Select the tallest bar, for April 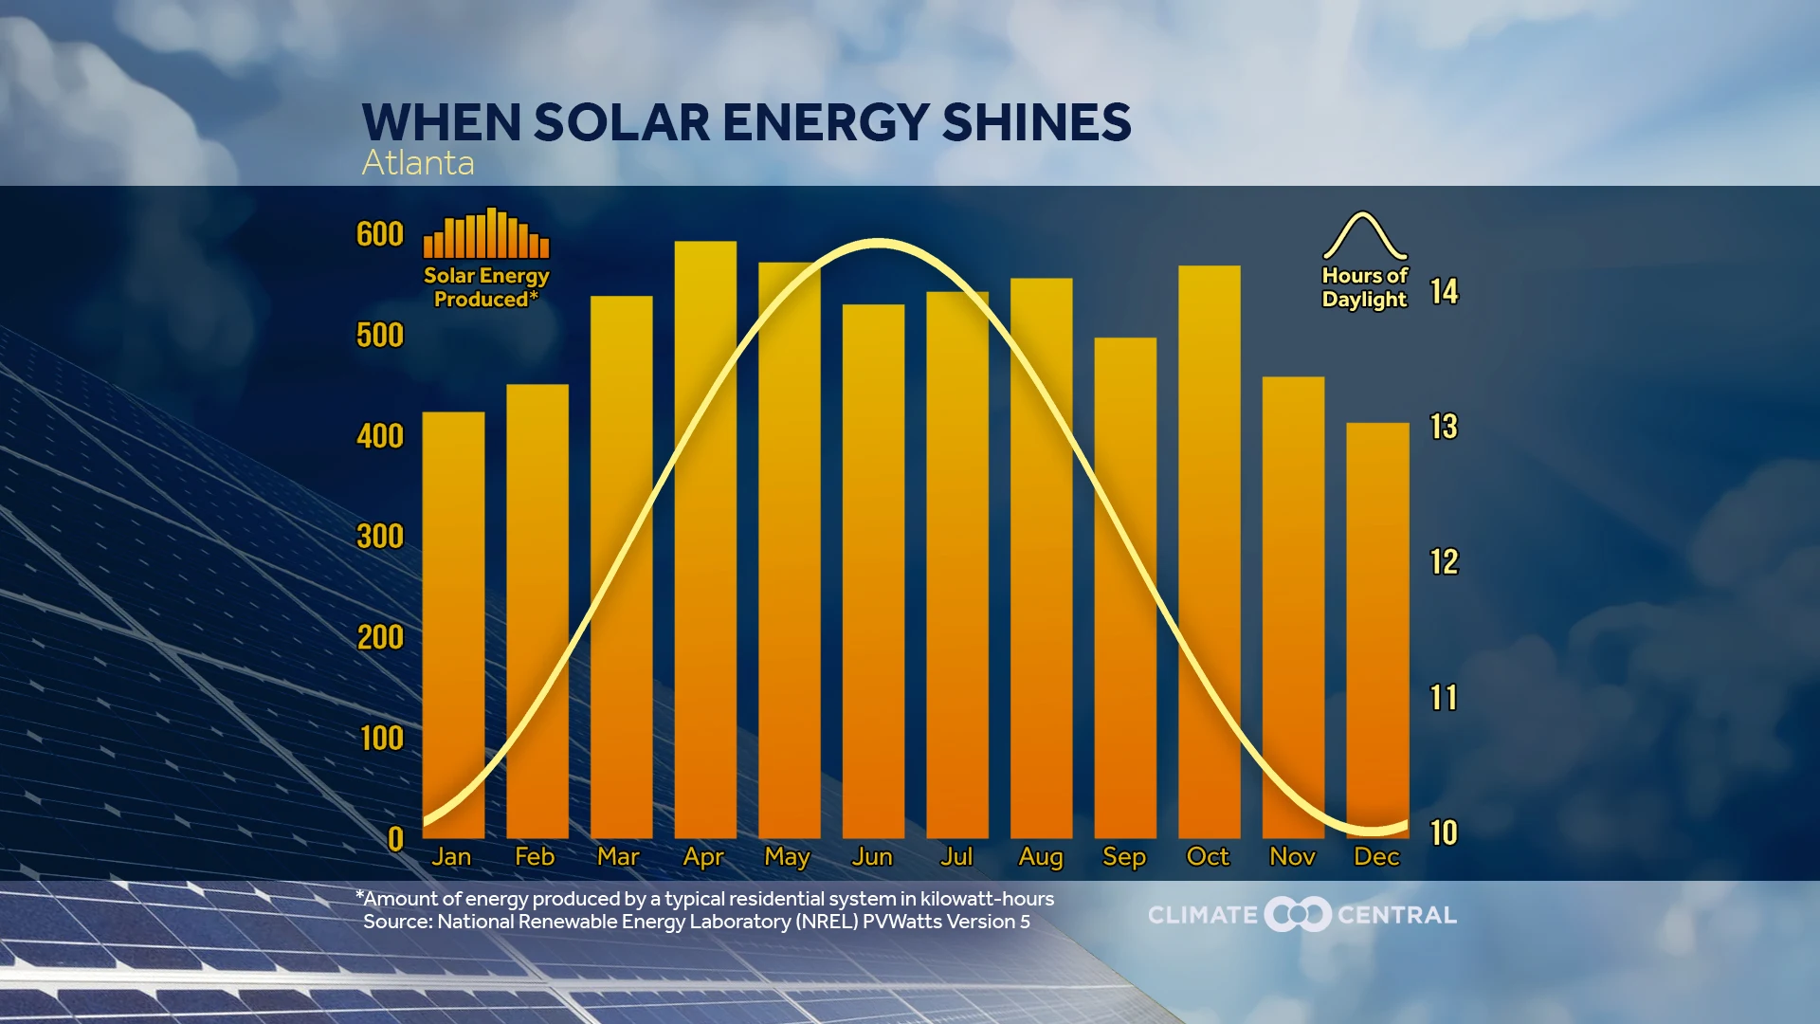pyautogui.click(x=705, y=540)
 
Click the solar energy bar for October pyautogui.click(x=1209, y=550)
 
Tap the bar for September pyautogui.click(x=1125, y=588)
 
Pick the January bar pyautogui.click(x=453, y=626)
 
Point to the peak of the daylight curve pyautogui.click(x=879, y=244)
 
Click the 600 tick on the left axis pyautogui.click(x=380, y=234)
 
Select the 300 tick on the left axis pyautogui.click(x=380, y=537)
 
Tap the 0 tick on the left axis pyautogui.click(x=395, y=839)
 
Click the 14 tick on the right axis pyautogui.click(x=1444, y=291)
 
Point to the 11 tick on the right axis pyautogui.click(x=1444, y=698)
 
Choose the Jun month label pyautogui.click(x=872, y=857)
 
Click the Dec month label pyautogui.click(x=1376, y=857)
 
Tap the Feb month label pyautogui.click(x=535, y=857)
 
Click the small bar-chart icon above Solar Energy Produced pyautogui.click(x=486, y=234)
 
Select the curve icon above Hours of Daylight pyautogui.click(x=1365, y=236)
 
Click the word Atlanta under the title pyautogui.click(x=418, y=163)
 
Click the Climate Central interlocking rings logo pyautogui.click(x=1298, y=915)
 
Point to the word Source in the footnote pyautogui.click(x=396, y=922)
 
